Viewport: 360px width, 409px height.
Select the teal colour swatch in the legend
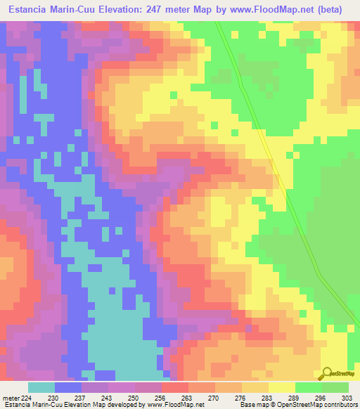coord(41,387)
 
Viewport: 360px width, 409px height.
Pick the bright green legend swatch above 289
coord(308,387)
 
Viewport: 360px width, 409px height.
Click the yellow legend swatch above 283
coord(281,387)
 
